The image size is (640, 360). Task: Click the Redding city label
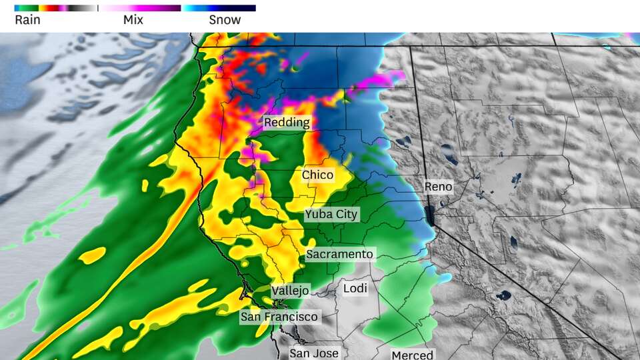(287, 123)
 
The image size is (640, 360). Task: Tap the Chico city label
(317, 175)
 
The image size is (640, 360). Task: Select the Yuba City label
(331, 215)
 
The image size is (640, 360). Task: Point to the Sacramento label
(339, 255)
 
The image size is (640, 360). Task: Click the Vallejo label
(290, 291)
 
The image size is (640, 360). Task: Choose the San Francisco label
(279, 316)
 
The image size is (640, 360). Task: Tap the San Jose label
(314, 353)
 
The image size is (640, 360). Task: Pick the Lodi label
(355, 289)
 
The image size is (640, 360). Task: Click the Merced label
(412, 355)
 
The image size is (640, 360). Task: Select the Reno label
(439, 187)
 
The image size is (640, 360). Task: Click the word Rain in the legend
(27, 20)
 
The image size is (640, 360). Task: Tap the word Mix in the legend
(133, 20)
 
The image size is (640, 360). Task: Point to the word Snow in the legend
(225, 20)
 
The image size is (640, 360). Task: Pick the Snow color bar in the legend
(219, 8)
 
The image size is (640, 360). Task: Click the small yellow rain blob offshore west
(92, 255)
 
